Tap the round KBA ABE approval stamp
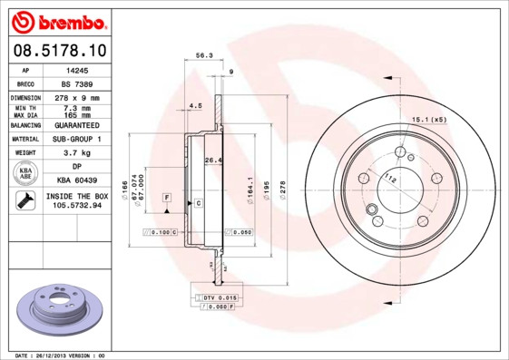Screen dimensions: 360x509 click(25, 173)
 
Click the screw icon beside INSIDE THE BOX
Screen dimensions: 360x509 click(25, 201)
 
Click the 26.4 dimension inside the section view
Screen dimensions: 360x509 click(213, 161)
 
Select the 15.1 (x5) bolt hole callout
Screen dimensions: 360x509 click(430, 119)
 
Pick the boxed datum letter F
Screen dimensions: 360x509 click(167, 197)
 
